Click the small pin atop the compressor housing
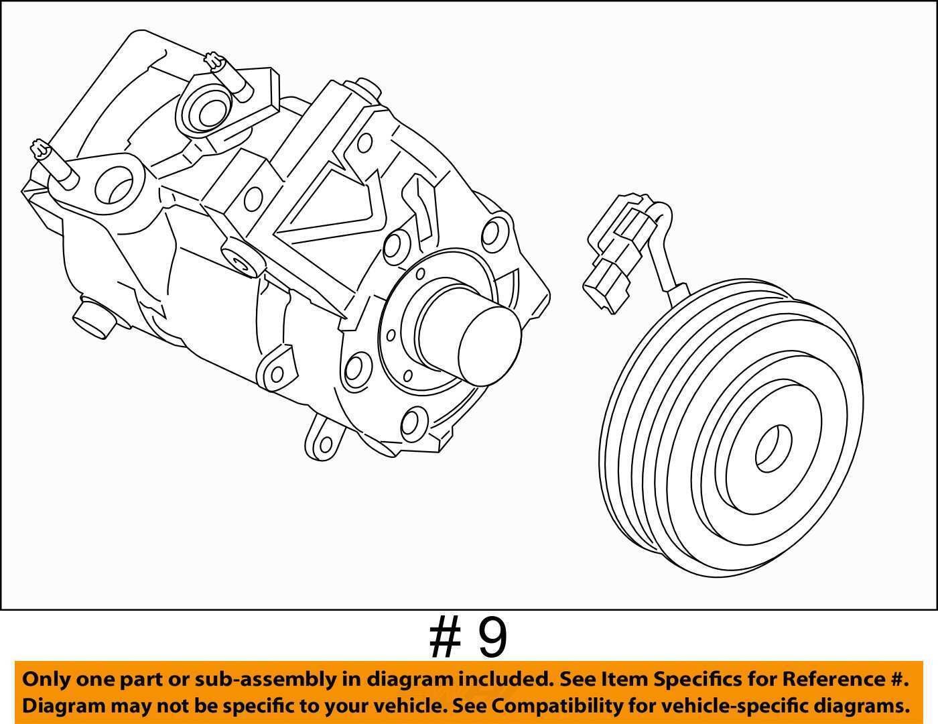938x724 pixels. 366,85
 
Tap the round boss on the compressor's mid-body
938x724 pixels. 243,259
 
